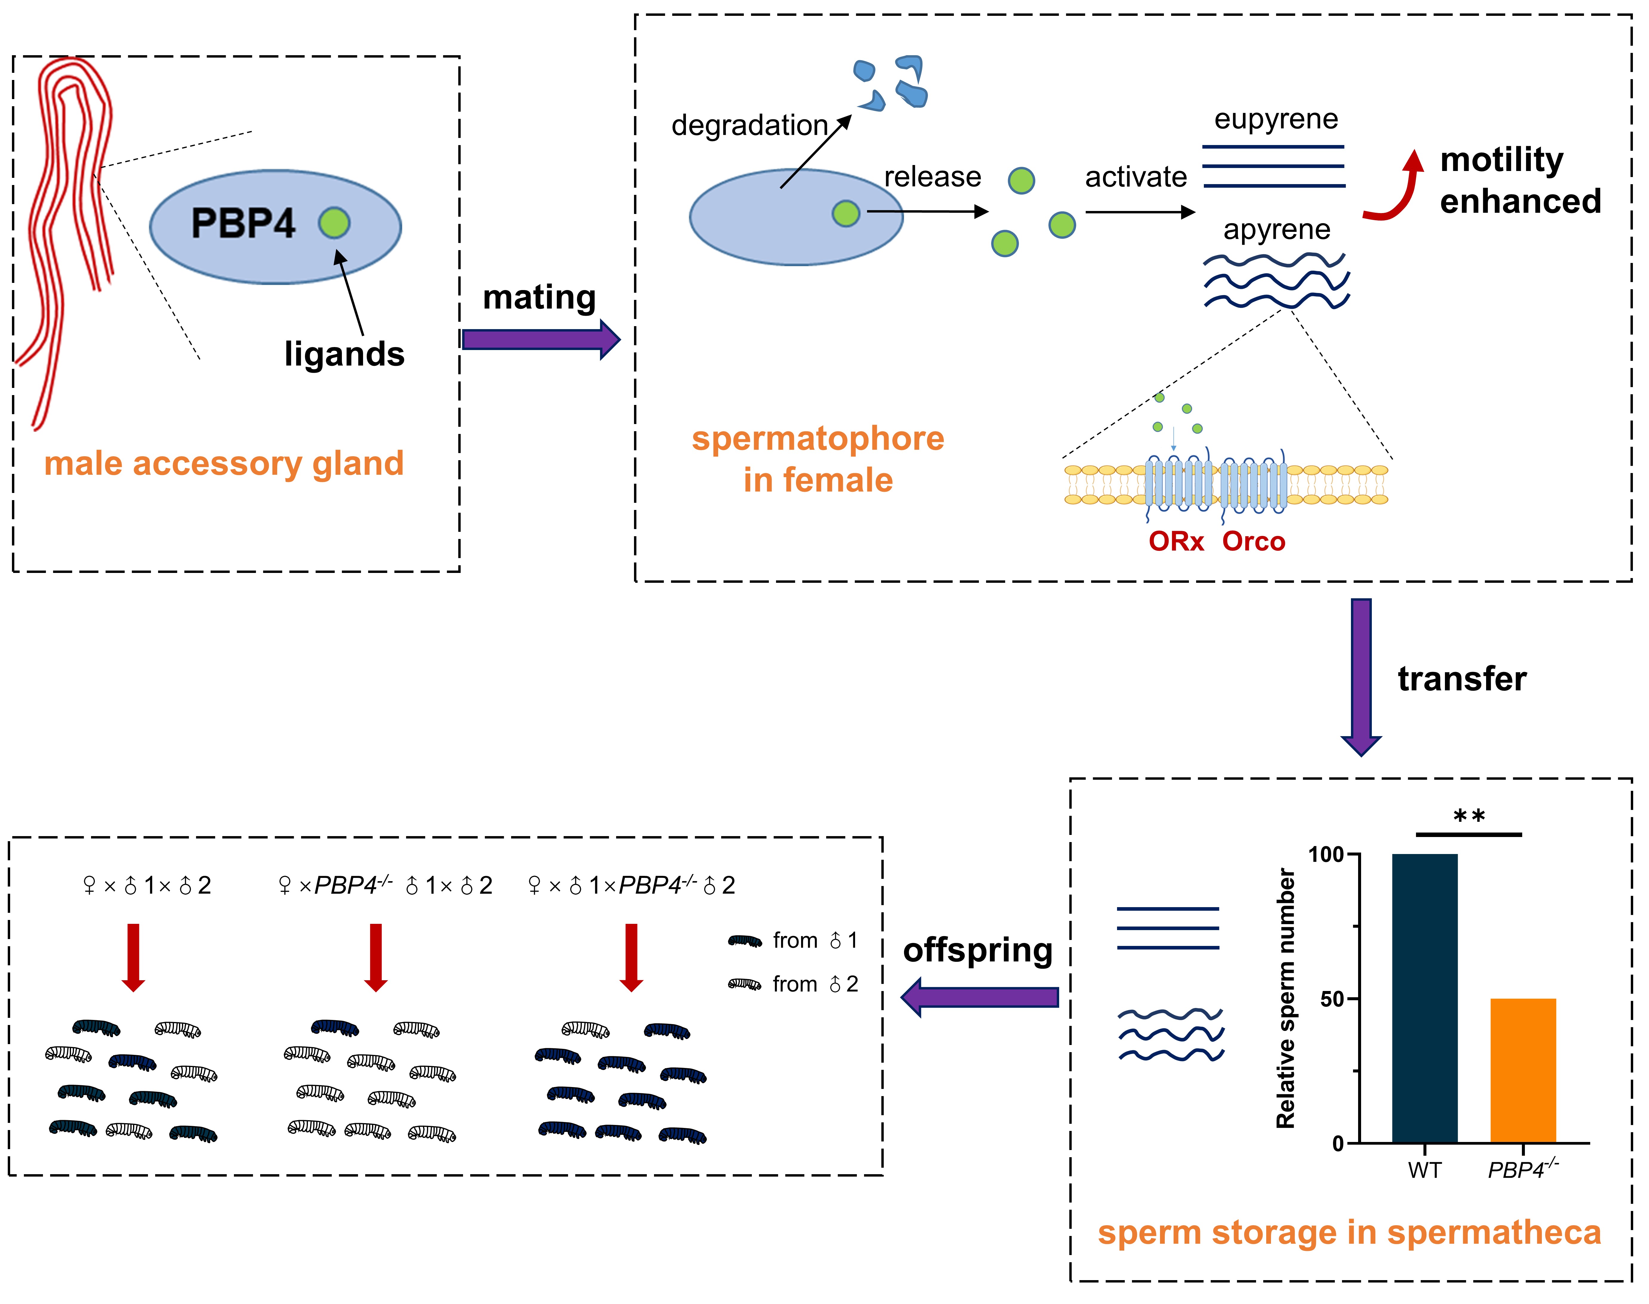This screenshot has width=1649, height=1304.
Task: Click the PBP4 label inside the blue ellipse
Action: tap(243, 224)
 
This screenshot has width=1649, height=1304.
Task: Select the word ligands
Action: tap(344, 354)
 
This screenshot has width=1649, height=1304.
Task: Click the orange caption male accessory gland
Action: tap(224, 463)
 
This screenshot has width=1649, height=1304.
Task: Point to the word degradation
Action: tap(749, 125)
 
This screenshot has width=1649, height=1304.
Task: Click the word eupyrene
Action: tap(1276, 119)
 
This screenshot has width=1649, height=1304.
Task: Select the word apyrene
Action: tap(1276, 229)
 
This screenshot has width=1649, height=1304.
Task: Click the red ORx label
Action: tap(1176, 541)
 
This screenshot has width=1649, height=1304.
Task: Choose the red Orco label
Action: tap(1254, 541)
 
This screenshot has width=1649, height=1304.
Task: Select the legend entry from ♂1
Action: tap(794, 941)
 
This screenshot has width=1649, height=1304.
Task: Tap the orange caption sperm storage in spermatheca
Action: tap(1349, 1233)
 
